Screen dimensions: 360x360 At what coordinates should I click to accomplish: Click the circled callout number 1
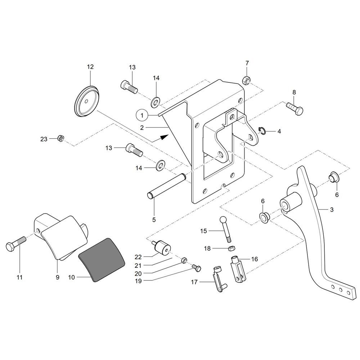pos(142,115)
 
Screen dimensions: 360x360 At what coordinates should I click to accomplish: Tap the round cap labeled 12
pos(87,101)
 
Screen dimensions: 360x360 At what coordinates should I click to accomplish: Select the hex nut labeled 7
pos(246,80)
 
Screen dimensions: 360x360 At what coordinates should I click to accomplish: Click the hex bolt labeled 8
pos(294,109)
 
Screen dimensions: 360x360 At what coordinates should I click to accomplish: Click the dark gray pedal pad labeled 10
pos(102,260)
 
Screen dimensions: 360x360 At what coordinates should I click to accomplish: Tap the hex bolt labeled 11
pos(16,243)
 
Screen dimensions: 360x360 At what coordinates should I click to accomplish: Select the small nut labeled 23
pos(60,138)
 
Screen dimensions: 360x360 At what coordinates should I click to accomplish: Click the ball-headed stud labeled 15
pos(226,229)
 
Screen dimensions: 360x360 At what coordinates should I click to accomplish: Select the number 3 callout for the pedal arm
pos(332,210)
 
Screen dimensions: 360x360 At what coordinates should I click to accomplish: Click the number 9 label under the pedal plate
pos(57,277)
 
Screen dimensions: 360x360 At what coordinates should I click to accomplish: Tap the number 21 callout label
pos(138,266)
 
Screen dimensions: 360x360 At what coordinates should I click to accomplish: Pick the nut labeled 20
pos(184,260)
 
